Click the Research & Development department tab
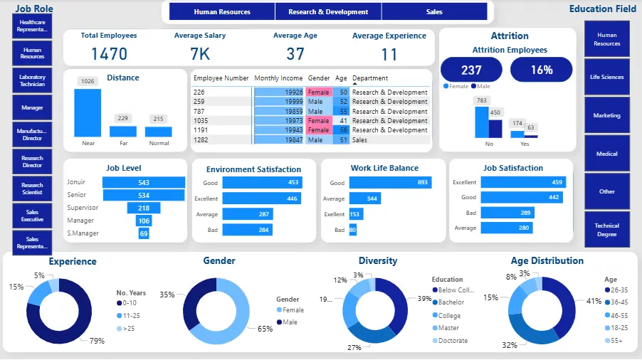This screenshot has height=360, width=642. [x=327, y=12]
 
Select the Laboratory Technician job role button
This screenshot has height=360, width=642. [x=32, y=80]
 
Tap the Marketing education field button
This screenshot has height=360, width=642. [x=606, y=115]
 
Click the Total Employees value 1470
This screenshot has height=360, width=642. [x=109, y=54]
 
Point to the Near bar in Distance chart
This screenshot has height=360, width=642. [x=88, y=112]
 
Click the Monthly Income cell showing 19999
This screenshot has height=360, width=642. [x=279, y=102]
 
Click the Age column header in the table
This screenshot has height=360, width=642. [x=341, y=78]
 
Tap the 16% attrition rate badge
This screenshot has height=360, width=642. [x=541, y=70]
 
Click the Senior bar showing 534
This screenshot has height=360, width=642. [x=143, y=195]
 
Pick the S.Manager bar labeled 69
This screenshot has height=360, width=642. [x=144, y=233]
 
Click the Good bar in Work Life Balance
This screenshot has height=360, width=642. [x=391, y=183]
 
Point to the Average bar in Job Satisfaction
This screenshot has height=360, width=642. [x=505, y=228]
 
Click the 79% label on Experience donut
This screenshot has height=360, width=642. [x=97, y=341]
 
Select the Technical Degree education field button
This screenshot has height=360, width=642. [x=606, y=230]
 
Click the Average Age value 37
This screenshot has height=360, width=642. [x=295, y=54]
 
